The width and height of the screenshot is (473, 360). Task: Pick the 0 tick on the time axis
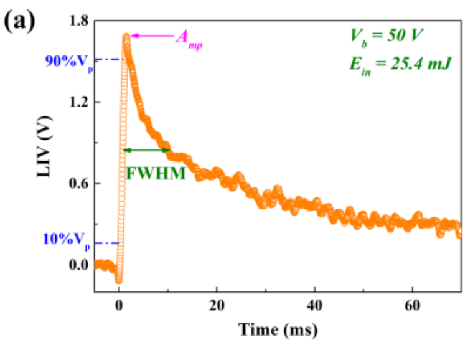click(119, 306)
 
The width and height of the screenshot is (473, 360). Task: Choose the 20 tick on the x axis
click(217, 306)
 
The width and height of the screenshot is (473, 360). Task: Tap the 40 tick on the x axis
click(314, 306)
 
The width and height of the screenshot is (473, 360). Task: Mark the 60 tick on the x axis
click(412, 306)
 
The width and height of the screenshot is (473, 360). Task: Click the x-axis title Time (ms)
click(278, 328)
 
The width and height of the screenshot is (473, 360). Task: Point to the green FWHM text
click(156, 174)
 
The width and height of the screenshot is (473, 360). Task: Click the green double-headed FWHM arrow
click(147, 150)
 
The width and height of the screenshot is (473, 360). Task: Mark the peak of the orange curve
click(126, 37)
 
